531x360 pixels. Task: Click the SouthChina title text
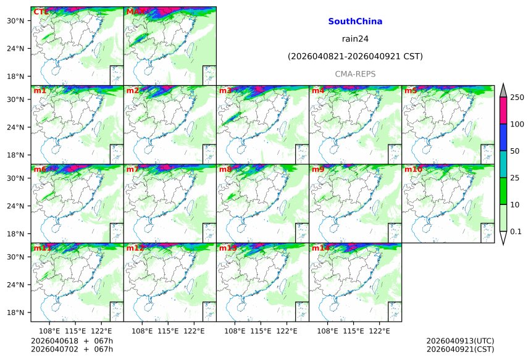[355, 22]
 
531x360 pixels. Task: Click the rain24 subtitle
[355, 39]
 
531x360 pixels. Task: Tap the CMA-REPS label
[355, 74]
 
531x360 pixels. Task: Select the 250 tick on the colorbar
[517, 98]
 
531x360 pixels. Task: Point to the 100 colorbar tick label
[517, 125]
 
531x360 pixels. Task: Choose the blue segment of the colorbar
[503, 137]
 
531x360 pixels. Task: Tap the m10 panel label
[413, 169]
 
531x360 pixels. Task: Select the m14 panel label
[320, 248]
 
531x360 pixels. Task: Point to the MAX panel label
[135, 12]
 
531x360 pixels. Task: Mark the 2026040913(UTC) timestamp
[460, 341]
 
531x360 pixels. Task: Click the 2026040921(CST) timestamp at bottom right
[460, 350]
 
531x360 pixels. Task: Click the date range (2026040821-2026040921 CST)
[355, 57]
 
